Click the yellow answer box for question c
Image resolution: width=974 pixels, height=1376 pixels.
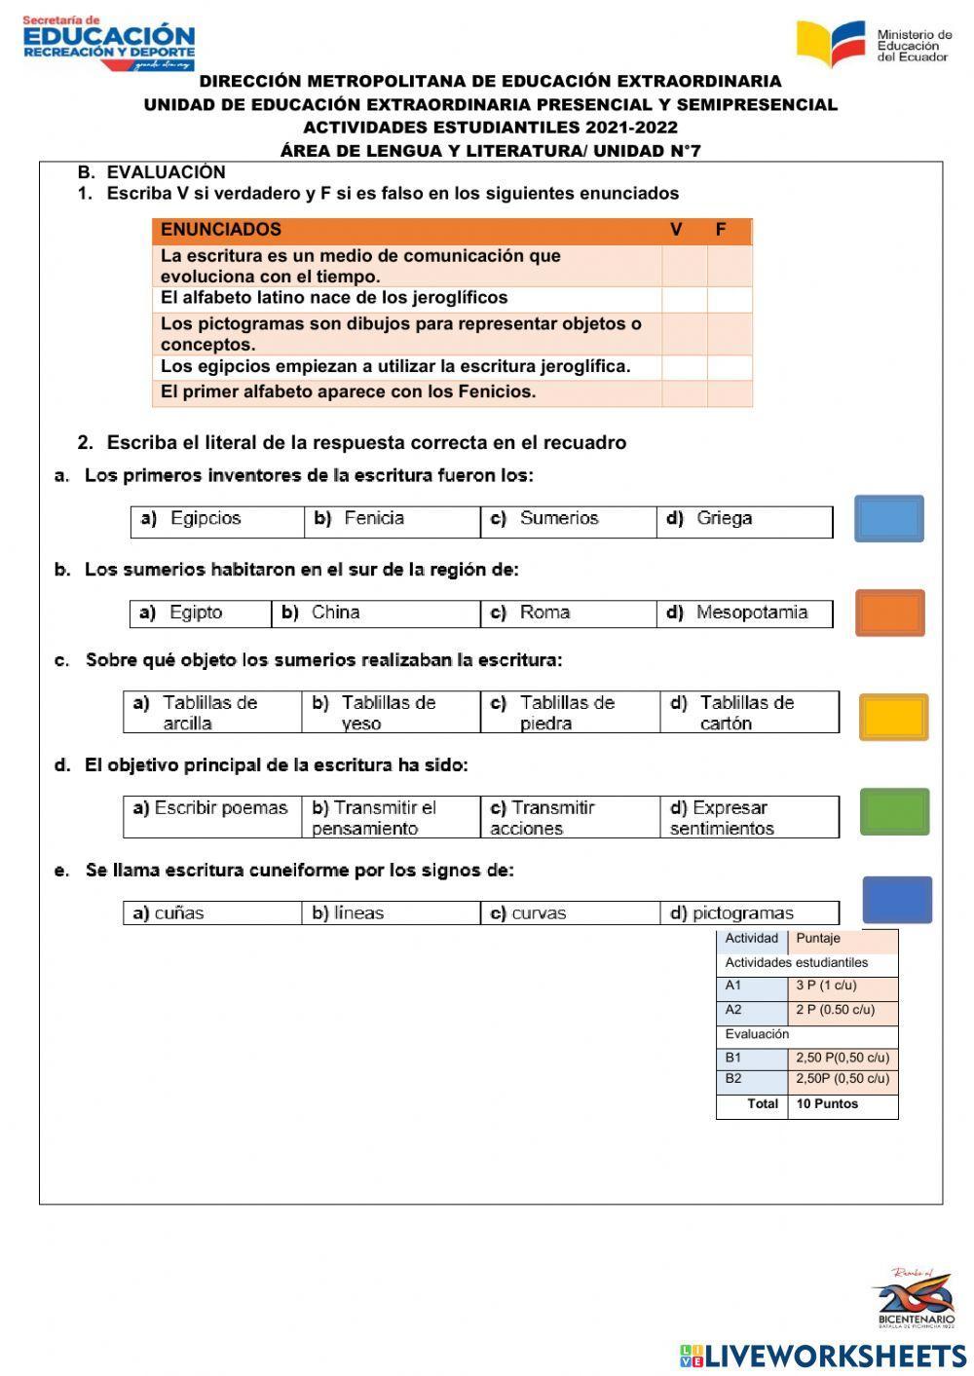(x=893, y=717)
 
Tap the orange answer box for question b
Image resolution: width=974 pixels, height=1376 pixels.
(x=889, y=613)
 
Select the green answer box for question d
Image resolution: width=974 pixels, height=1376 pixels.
(x=894, y=811)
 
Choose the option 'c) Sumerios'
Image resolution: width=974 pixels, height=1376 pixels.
(x=558, y=519)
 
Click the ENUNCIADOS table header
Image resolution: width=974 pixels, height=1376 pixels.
(x=221, y=230)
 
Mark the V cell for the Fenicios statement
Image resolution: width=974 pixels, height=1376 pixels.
(x=684, y=393)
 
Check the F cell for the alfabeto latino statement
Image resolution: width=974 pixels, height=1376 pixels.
(x=730, y=299)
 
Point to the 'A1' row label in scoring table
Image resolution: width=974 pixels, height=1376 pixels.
(x=733, y=986)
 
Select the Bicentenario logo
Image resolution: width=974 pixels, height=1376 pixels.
(x=913, y=1297)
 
